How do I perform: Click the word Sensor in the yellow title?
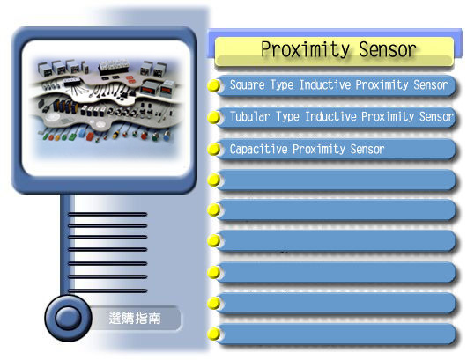click(x=388, y=49)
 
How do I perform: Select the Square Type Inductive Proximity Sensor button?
click(x=336, y=85)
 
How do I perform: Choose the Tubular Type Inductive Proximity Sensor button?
click(x=336, y=117)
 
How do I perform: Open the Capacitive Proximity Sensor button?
click(x=336, y=150)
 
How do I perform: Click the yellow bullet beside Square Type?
click(x=213, y=85)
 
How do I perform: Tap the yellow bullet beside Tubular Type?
click(x=213, y=117)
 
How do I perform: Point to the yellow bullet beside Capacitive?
click(x=213, y=149)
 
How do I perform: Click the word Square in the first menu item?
click(x=248, y=85)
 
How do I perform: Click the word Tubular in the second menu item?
click(x=250, y=116)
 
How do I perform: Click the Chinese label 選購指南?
click(x=135, y=319)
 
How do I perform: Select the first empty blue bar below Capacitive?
click(x=336, y=180)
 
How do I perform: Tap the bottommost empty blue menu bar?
click(x=336, y=334)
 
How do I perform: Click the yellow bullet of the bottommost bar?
click(x=213, y=334)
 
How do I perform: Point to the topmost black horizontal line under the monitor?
click(x=107, y=214)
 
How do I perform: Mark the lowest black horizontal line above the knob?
click(x=107, y=290)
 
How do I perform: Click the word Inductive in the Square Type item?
click(x=325, y=84)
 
